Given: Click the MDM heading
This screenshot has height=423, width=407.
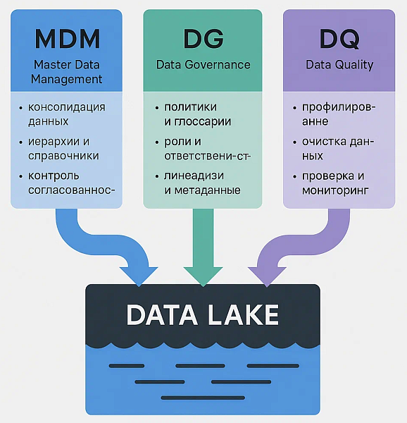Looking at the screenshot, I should click(68, 39).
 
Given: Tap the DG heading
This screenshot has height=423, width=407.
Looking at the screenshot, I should click(203, 39).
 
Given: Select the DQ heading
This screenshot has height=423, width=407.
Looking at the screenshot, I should click(339, 39).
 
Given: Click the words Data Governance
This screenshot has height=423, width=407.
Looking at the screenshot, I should click(203, 65).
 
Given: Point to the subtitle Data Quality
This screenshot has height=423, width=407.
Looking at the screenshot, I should click(339, 65).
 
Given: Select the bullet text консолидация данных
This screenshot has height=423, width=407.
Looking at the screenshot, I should click(66, 114).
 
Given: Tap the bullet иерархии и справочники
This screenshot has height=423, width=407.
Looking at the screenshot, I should click(63, 149).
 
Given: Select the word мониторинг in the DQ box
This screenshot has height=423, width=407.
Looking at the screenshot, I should click(334, 190).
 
